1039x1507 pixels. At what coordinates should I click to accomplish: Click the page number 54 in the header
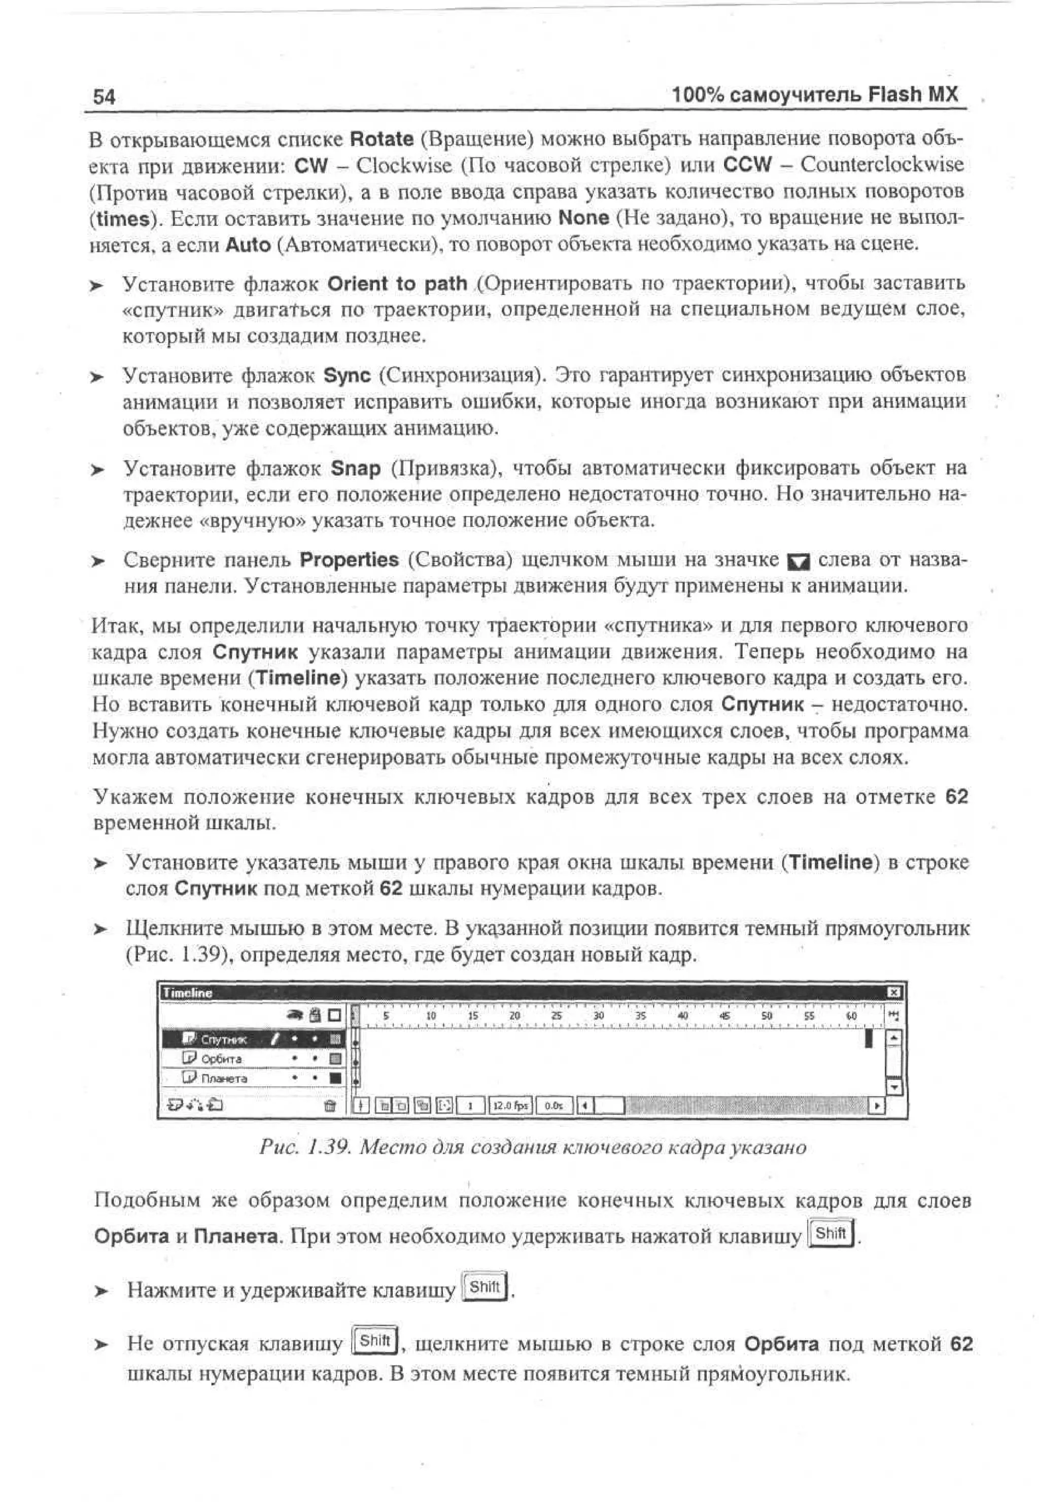(104, 96)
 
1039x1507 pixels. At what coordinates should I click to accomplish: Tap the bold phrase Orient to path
(397, 284)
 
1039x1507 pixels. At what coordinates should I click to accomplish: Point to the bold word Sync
(347, 376)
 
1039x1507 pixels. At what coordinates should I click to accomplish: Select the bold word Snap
(356, 468)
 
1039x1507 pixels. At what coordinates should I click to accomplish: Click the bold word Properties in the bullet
(349, 559)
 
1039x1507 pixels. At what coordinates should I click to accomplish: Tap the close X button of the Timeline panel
(894, 992)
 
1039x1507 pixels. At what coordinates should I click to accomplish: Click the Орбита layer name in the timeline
(221, 1059)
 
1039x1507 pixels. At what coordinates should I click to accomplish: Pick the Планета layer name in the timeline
(224, 1079)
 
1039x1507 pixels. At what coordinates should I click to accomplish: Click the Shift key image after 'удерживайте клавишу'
(485, 1287)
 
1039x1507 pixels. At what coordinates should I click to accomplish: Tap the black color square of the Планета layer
(336, 1079)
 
